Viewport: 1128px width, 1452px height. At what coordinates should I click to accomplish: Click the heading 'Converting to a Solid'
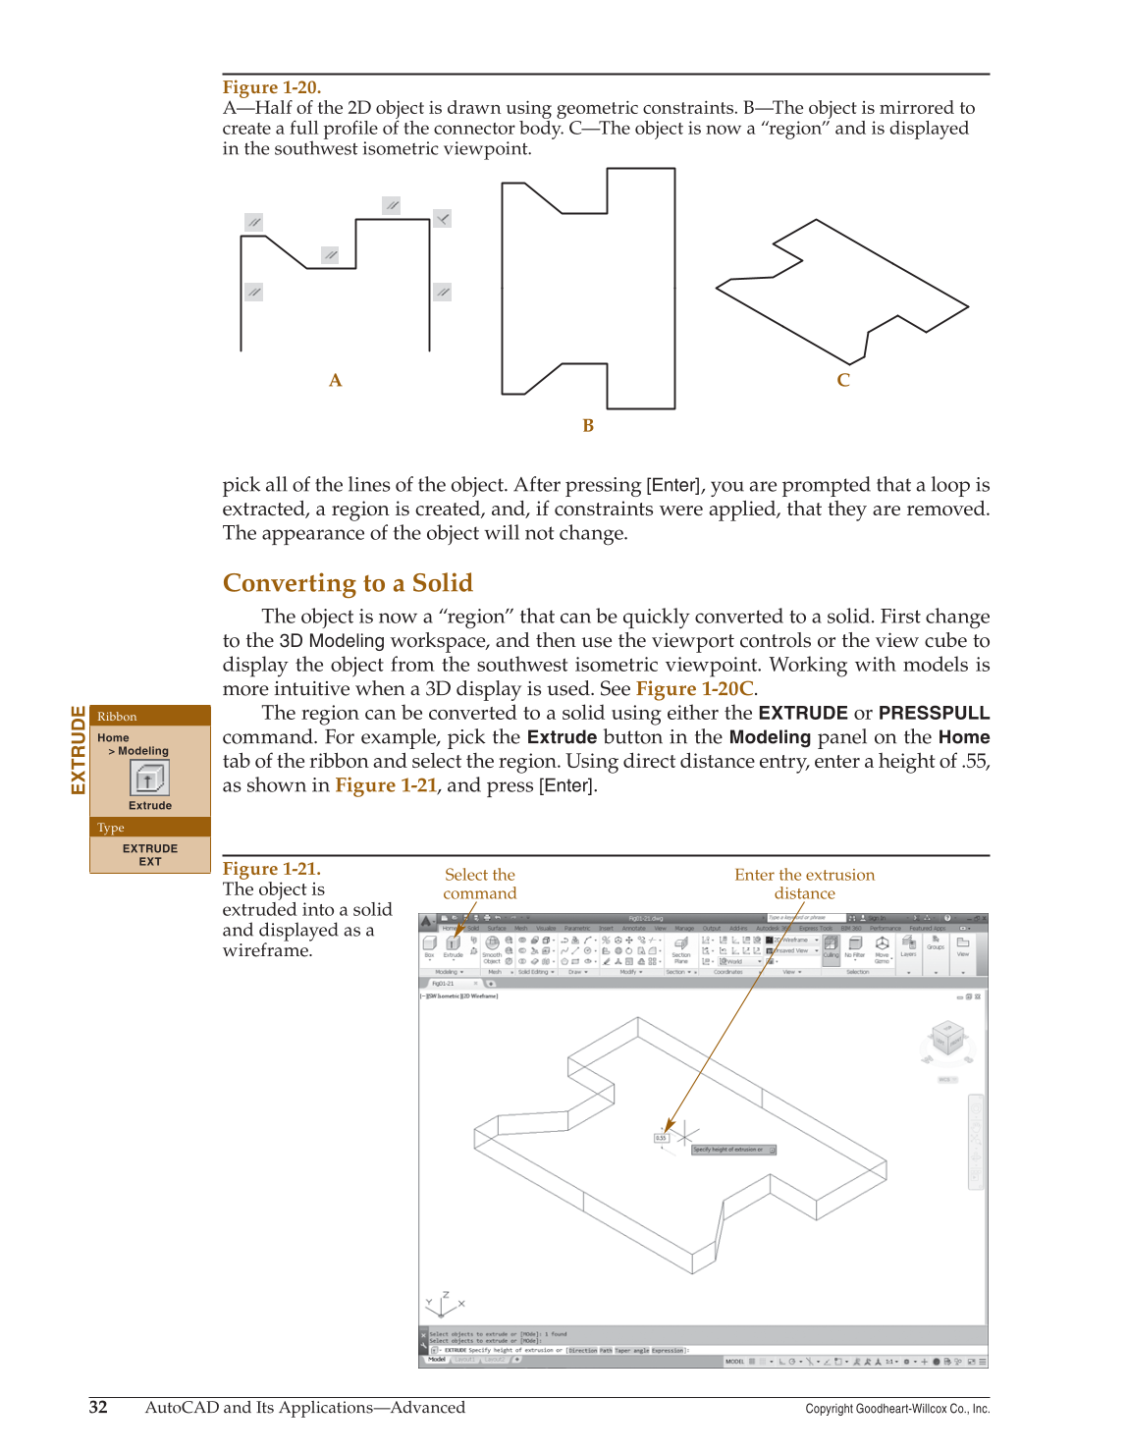[x=348, y=583]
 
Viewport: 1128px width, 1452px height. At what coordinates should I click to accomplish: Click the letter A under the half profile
[x=336, y=381]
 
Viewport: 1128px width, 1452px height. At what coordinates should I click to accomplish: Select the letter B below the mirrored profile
[x=588, y=426]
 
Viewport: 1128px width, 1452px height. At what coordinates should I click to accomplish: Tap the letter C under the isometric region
[x=843, y=381]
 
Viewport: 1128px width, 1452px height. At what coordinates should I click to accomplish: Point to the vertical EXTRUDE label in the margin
[x=79, y=750]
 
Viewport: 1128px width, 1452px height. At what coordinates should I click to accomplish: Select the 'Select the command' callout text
[x=479, y=884]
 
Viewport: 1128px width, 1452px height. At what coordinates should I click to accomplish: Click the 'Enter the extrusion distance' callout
[x=804, y=884]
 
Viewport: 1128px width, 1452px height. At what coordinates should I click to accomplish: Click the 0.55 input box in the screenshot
[x=662, y=1138]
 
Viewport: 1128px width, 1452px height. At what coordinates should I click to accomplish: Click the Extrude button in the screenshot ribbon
[x=453, y=944]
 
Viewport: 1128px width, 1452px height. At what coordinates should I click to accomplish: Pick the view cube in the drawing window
[x=947, y=1040]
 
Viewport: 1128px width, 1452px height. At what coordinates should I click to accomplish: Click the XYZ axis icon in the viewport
[x=443, y=1304]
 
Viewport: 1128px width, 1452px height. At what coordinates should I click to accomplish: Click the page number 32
[x=98, y=1407]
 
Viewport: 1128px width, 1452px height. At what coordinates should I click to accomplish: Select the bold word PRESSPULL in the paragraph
[x=934, y=713]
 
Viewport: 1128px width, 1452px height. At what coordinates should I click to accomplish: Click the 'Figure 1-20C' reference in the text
[x=694, y=688]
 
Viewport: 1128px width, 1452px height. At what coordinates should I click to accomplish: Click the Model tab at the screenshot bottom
[x=437, y=1360]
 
